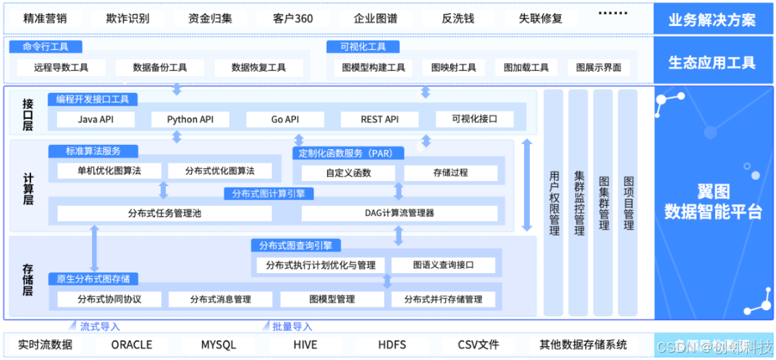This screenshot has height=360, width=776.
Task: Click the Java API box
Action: point(96,120)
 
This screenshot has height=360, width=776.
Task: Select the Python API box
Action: point(187,120)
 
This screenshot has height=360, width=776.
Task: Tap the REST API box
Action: point(379,120)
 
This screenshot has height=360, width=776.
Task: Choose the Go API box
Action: point(284,120)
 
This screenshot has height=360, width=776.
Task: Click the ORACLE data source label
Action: point(132,345)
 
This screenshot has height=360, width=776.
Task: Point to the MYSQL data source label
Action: point(219,345)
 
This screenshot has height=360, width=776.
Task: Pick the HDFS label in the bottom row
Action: point(392,345)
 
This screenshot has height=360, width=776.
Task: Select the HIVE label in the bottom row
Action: point(305,345)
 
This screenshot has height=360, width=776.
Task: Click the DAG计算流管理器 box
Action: point(400,213)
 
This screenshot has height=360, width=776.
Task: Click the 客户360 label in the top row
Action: point(293,18)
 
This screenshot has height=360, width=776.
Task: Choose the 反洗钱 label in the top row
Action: point(457,18)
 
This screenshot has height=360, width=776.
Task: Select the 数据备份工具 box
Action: point(160,67)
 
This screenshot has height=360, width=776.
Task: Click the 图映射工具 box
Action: point(454,67)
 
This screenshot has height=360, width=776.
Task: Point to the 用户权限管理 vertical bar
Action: point(554,203)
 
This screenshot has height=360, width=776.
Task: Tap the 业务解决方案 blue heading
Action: point(712,20)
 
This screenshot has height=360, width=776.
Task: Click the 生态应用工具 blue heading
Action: point(712,62)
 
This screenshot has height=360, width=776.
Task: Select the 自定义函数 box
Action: point(348,173)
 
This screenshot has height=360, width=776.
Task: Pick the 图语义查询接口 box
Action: point(443,265)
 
